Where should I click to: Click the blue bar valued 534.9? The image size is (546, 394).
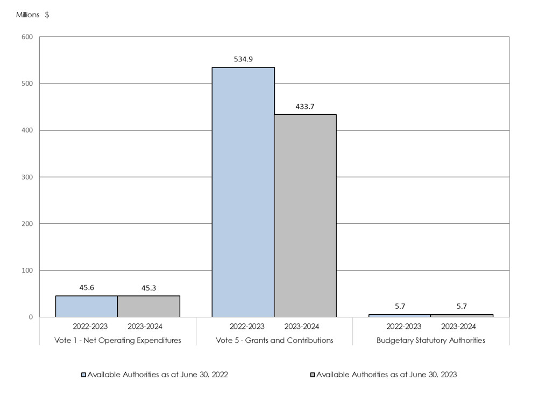[x=243, y=192]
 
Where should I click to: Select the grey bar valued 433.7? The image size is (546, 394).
[x=306, y=216]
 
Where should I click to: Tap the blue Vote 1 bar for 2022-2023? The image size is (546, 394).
[x=87, y=306]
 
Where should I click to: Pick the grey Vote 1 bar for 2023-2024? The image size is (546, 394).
[x=148, y=306]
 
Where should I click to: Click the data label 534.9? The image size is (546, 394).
[x=243, y=59]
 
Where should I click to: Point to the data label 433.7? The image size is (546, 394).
[x=305, y=107]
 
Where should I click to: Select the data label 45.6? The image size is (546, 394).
[x=87, y=288]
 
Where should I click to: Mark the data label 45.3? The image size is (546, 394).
[x=148, y=288]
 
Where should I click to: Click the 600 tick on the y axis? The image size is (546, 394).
[x=27, y=37]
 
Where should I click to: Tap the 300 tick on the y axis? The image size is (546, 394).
[x=27, y=177]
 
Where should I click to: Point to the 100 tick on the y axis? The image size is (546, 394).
[x=27, y=271]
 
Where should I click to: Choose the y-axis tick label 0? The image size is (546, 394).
[x=31, y=317]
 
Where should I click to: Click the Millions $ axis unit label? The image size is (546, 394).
[x=32, y=15]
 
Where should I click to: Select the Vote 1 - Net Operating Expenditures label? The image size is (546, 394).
[x=118, y=340]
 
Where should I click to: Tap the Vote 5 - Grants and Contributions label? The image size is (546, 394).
[x=274, y=340]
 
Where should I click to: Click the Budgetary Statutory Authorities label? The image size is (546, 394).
[x=431, y=340]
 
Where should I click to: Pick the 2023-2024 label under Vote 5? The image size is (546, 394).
[x=301, y=326]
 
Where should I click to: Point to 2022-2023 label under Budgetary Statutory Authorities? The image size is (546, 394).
[x=403, y=326]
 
